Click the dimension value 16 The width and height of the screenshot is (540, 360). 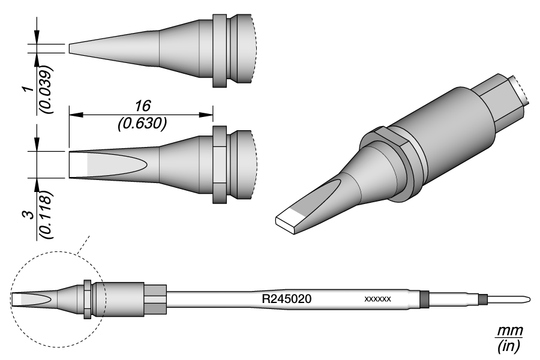(x=142, y=106)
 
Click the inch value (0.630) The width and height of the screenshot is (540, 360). (x=142, y=123)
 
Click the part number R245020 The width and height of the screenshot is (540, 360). (x=286, y=298)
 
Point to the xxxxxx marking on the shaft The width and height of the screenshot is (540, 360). (x=378, y=299)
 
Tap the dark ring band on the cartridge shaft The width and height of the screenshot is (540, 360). (x=425, y=298)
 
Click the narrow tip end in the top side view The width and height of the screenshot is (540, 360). (x=71, y=48)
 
